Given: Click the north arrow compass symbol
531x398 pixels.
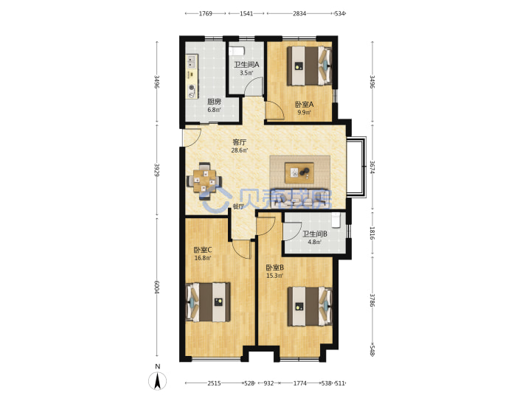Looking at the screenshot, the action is (x=158, y=380).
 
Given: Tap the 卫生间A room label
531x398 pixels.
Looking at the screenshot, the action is (x=246, y=64).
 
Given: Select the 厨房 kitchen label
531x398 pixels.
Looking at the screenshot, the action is (x=214, y=102).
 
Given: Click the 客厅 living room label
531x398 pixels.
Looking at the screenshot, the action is (x=239, y=142).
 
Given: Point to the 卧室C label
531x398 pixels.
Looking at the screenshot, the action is (x=203, y=250).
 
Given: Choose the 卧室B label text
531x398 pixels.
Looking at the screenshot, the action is (x=274, y=268).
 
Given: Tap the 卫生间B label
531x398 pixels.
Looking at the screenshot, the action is (x=315, y=234).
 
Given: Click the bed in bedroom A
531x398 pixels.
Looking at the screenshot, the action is (x=309, y=66).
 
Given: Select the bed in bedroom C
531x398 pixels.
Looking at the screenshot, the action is (x=208, y=302).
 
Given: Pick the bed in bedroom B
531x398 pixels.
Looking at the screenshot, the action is (x=310, y=307).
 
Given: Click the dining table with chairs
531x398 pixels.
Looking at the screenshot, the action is (x=204, y=181).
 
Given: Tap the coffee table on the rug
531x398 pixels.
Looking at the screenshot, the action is (x=299, y=172).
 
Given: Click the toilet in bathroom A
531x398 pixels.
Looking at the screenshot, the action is (x=236, y=51).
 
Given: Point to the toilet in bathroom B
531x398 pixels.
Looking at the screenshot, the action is (x=336, y=220).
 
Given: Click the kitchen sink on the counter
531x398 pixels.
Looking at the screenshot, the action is (x=191, y=62).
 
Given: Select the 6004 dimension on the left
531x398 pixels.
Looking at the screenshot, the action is (x=156, y=287).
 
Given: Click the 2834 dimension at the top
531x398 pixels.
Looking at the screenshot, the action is (x=299, y=13).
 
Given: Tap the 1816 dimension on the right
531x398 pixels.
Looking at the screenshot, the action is (x=372, y=233).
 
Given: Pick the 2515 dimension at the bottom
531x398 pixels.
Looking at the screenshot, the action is (x=214, y=383).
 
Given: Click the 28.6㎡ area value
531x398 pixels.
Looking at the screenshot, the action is (x=240, y=150).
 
